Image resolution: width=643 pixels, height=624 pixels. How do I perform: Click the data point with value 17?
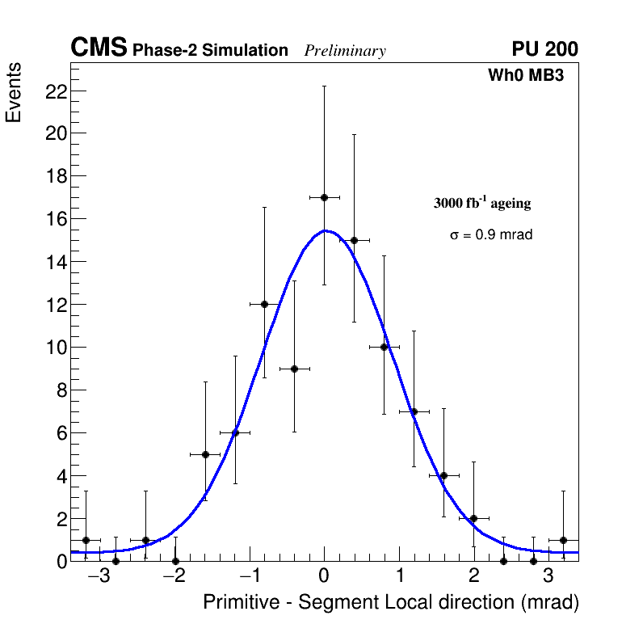click(x=324, y=197)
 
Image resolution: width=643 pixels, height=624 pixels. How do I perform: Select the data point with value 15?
click(x=354, y=240)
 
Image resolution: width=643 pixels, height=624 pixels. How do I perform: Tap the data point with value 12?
click(x=264, y=304)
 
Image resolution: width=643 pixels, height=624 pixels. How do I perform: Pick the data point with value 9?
click(x=294, y=369)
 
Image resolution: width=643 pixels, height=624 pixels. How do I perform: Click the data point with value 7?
click(x=414, y=411)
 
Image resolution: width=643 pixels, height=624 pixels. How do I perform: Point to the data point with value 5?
click(x=205, y=454)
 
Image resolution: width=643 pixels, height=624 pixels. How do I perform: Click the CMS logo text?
click(x=99, y=48)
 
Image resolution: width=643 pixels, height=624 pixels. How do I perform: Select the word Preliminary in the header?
click(x=345, y=51)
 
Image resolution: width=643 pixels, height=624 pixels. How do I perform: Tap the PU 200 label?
click(x=545, y=49)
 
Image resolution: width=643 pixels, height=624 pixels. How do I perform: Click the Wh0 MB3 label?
click(x=525, y=76)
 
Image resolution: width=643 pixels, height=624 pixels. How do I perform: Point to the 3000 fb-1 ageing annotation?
click(x=482, y=203)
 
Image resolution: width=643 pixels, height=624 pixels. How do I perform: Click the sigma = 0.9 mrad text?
click(x=491, y=235)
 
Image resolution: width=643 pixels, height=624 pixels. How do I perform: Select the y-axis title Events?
click(x=14, y=94)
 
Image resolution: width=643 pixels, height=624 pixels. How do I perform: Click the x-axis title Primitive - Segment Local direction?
click(x=391, y=603)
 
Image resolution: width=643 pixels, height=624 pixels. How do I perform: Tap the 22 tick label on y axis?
click(x=55, y=91)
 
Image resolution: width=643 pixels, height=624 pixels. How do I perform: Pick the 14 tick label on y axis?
click(x=55, y=262)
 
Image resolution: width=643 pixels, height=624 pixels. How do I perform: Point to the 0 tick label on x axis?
click(x=324, y=576)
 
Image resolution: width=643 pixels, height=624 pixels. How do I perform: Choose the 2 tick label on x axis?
click(x=473, y=576)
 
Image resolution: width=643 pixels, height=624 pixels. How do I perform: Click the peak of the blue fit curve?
click(x=326, y=230)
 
